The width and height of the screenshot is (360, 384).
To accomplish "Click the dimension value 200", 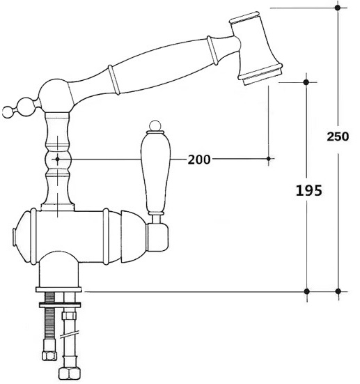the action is pyautogui.click(x=199, y=160).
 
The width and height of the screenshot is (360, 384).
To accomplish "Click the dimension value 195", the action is pyautogui.click(x=309, y=190).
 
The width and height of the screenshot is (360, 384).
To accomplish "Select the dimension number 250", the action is pyautogui.click(x=338, y=137).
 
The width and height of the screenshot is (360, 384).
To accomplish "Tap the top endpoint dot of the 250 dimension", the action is pyautogui.click(x=338, y=8).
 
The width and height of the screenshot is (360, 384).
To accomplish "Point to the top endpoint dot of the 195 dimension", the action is pyautogui.click(x=306, y=82).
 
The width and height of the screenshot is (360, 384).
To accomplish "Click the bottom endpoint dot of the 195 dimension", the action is pyautogui.click(x=307, y=291).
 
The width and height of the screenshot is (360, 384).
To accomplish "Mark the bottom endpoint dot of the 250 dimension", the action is pyautogui.click(x=338, y=291).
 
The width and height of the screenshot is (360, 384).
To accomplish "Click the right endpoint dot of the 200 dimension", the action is pyautogui.click(x=269, y=159).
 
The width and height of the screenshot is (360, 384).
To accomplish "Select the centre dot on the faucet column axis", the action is pyautogui.click(x=57, y=159).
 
